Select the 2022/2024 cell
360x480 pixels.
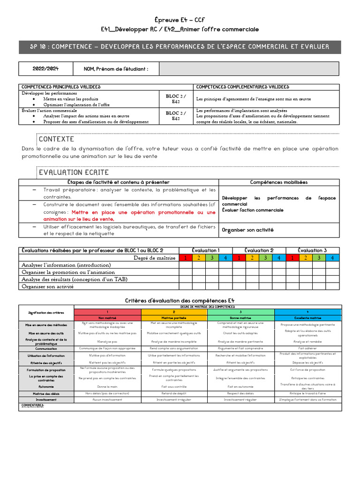(45, 69)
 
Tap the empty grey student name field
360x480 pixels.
(248, 69)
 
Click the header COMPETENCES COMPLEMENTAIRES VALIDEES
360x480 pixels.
(242, 87)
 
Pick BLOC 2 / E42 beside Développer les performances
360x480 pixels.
(176, 99)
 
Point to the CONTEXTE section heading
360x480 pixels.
(56, 139)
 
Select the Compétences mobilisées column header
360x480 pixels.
(278, 182)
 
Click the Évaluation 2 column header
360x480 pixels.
(259, 250)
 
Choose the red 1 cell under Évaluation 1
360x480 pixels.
(186, 258)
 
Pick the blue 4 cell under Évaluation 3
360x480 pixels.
(332, 258)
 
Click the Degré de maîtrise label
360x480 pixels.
(154, 258)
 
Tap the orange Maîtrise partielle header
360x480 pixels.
(174, 318)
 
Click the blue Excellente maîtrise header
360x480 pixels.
(307, 318)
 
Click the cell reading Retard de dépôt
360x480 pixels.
(174, 393)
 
